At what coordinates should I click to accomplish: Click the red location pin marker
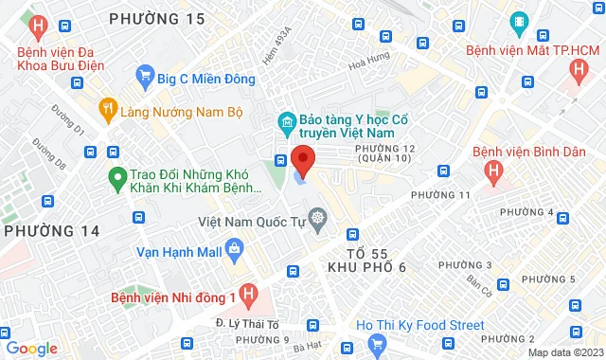click(x=302, y=159)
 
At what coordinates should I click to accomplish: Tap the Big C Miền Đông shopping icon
click(x=145, y=73)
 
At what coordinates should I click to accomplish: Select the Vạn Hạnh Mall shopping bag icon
click(x=235, y=251)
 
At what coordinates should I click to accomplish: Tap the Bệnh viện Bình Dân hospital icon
click(x=491, y=171)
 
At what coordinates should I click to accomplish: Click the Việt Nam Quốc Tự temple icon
click(x=317, y=221)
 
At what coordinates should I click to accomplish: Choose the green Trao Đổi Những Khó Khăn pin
click(x=117, y=176)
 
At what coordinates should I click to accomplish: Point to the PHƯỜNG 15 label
click(x=156, y=19)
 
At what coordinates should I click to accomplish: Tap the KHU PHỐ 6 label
click(x=365, y=268)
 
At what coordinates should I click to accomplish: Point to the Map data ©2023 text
click(x=564, y=352)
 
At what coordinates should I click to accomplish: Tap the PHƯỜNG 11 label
click(x=441, y=194)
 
